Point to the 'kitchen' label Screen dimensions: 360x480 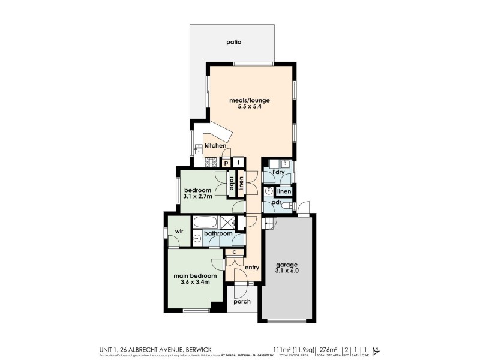coord(215,146)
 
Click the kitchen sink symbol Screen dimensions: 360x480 coord(197,146)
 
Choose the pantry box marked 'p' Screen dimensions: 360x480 coord(226,162)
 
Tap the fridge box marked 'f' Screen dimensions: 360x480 coord(239,162)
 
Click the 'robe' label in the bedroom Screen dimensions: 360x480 coord(230,182)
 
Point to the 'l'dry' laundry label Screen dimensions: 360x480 coord(278,173)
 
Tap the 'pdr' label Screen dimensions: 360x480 coord(276,202)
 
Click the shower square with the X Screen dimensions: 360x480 coord(227,222)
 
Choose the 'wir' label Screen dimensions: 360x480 coord(179,231)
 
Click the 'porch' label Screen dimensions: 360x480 coord(242,301)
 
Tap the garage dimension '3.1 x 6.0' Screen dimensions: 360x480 coord(287,271)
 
